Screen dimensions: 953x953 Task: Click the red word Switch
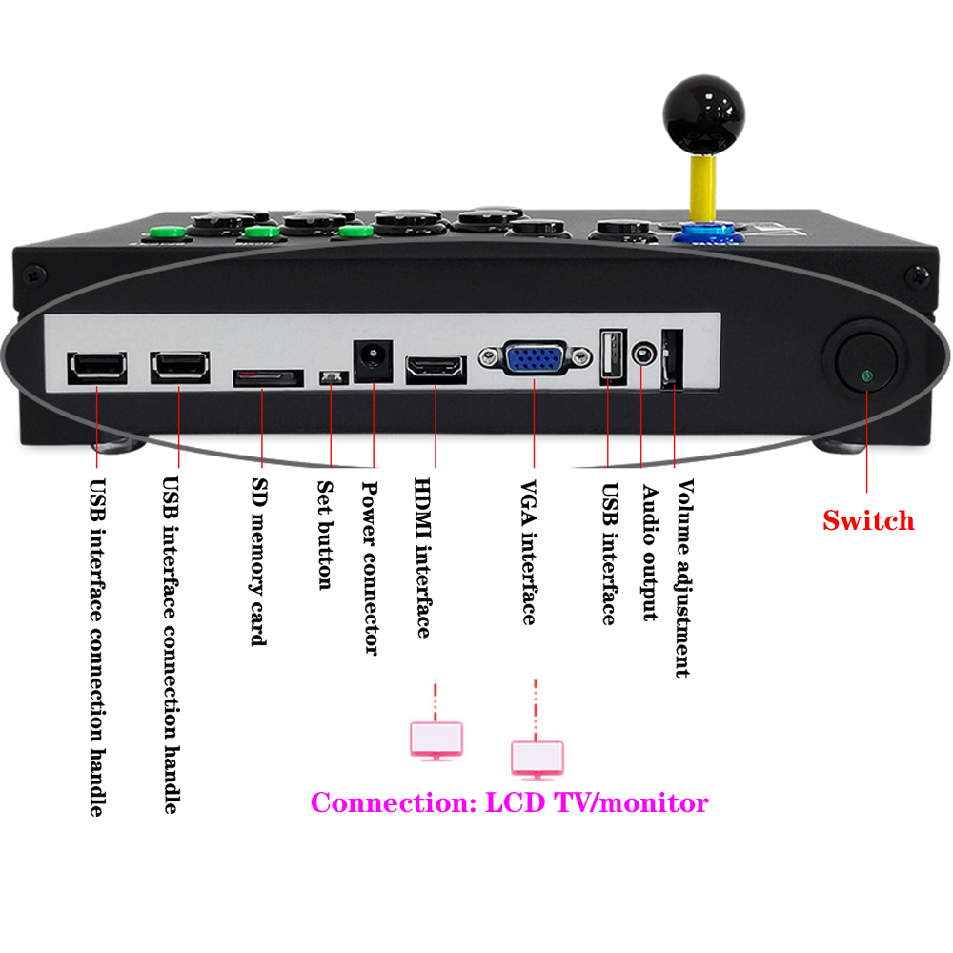pos(868,520)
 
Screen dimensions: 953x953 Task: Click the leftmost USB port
pos(96,367)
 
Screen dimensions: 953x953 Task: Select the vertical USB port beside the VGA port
pos(611,358)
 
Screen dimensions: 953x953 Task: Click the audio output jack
pos(643,355)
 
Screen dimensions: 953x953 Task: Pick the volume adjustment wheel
pos(672,359)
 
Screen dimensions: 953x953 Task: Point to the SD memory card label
pos(256,562)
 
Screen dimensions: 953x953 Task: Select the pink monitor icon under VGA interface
pos(537,757)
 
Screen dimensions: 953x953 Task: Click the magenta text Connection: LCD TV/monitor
pos(510,802)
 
